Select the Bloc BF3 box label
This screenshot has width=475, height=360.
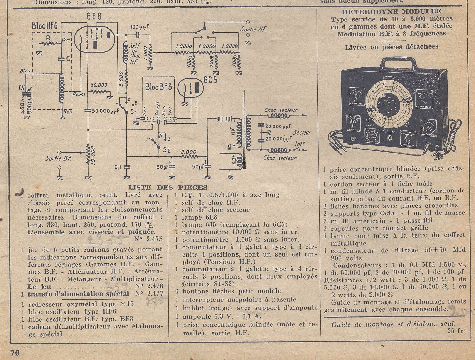pos(158,86)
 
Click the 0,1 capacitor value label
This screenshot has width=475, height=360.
pos(118,167)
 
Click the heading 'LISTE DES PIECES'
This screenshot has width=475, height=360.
pos(168,187)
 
